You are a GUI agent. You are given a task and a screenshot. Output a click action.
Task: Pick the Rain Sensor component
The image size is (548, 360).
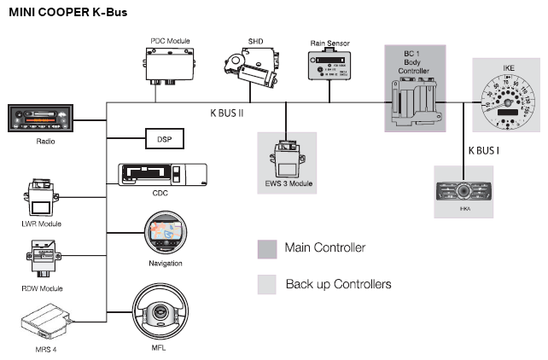click(329, 65)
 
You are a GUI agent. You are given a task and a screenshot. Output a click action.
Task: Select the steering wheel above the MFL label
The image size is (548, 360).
click(158, 312)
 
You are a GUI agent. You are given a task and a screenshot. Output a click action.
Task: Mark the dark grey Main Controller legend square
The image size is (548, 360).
click(266, 248)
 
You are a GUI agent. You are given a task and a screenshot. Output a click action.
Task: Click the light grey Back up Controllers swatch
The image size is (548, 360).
click(266, 284)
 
